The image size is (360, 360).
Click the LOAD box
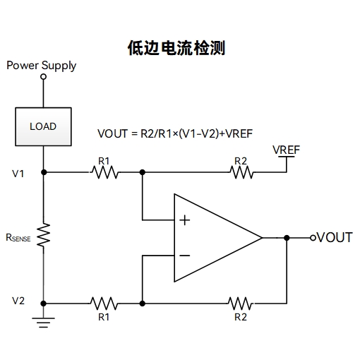point(43,126)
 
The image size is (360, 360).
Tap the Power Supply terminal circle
point(43,77)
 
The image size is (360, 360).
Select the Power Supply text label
point(42,66)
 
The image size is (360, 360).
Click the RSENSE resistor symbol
point(44,235)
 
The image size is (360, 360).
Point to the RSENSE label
point(18,238)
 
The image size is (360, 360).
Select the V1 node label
point(18,174)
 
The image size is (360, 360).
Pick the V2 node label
point(18,301)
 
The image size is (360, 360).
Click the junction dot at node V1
point(44,172)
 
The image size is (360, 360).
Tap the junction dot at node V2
point(44,304)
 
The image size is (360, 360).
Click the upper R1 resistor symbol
point(104,172)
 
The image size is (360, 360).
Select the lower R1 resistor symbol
point(104,304)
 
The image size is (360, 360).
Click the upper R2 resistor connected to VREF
point(242,172)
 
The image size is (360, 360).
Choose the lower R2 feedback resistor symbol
point(241,304)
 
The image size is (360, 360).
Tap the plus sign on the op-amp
point(185,220)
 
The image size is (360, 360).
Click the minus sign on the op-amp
point(185,256)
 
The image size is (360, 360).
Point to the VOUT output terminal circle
point(313,238)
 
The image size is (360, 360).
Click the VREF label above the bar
point(286,150)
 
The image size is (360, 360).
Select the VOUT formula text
point(175,133)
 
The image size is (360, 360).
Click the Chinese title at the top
point(176,48)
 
